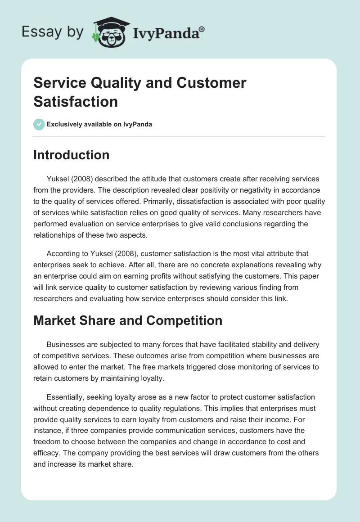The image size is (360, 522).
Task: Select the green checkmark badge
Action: [39, 124]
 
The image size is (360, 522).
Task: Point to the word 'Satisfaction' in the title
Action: [76, 101]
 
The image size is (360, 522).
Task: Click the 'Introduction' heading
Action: [72, 155]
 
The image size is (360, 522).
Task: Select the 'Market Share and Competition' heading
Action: [128, 320]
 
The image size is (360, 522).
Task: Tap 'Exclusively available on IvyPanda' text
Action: [99, 125]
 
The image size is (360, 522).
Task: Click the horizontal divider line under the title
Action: [180, 136]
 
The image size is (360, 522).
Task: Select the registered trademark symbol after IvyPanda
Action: [202, 29]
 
